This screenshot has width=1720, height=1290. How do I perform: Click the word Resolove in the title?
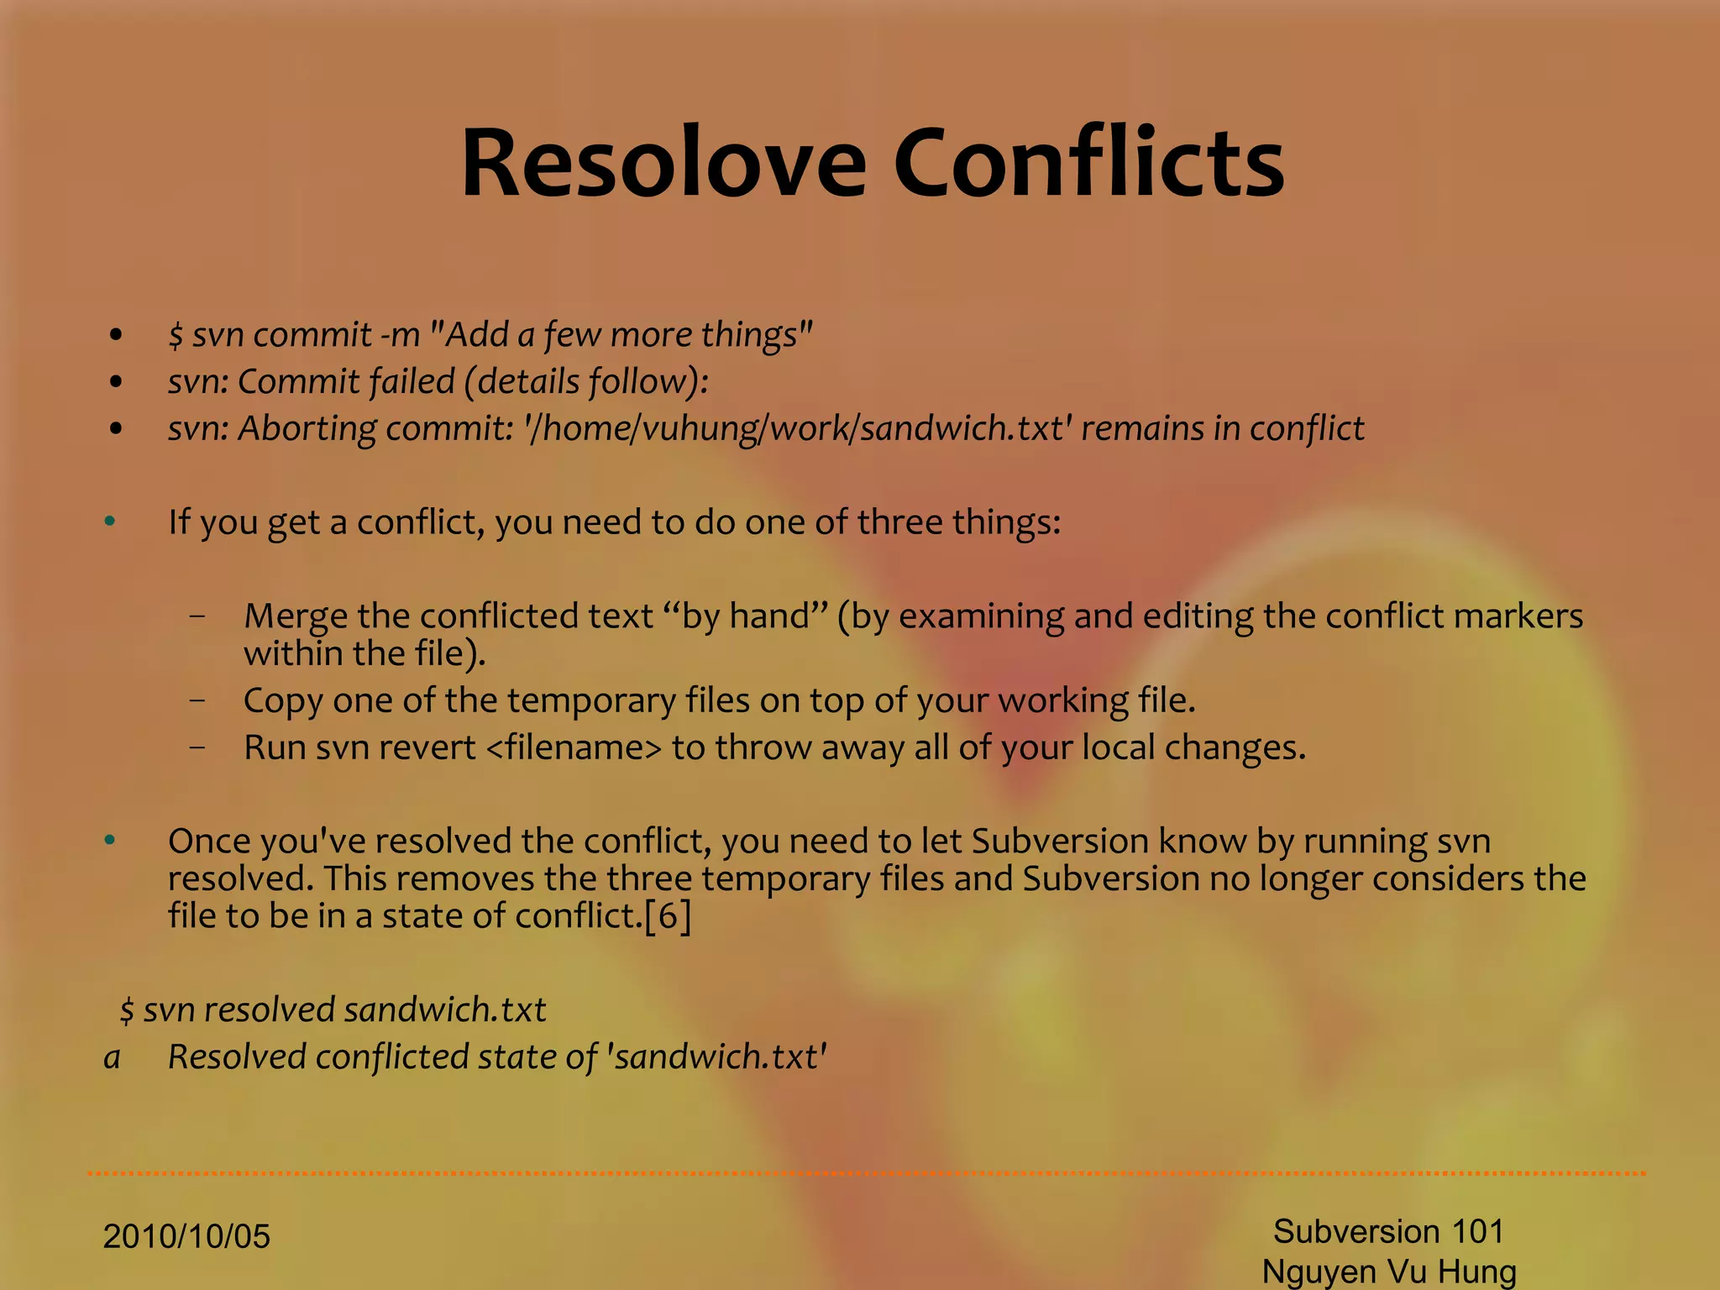coord(663,163)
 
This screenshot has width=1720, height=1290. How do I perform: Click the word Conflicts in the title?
coord(1088,163)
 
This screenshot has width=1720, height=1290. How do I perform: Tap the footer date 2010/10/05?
coord(186,1237)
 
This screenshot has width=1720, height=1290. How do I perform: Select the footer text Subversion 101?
coord(1388,1232)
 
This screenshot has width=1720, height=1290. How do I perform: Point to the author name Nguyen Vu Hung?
coord(1389,1272)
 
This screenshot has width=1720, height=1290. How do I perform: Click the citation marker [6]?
coord(668,915)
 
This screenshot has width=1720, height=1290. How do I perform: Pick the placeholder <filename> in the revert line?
coord(574,747)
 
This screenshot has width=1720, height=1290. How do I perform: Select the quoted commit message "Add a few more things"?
coord(621,335)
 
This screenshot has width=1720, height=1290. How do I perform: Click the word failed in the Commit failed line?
coord(412,382)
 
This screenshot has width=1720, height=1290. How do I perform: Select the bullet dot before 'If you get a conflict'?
coord(110,522)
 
